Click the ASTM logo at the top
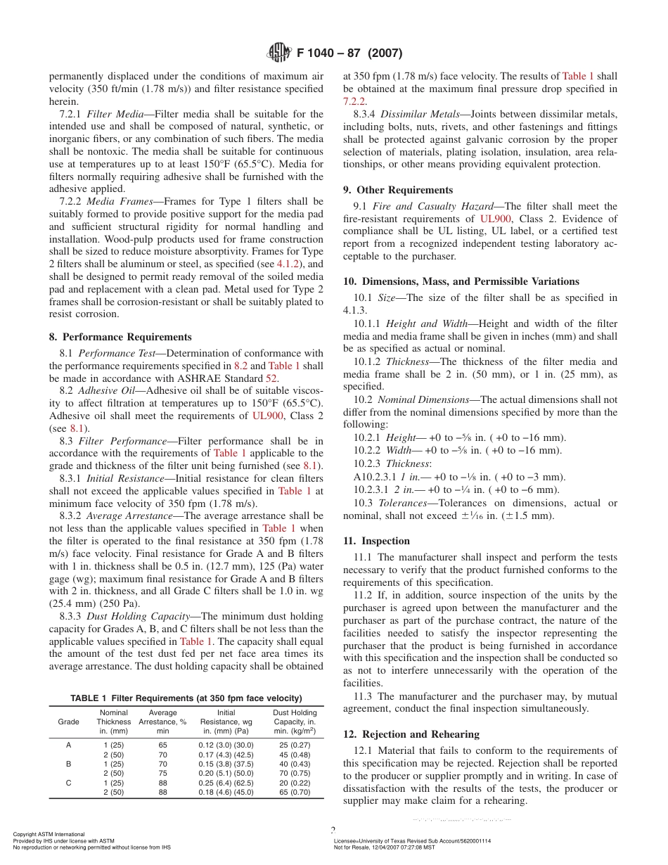point(278,53)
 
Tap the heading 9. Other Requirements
point(398,190)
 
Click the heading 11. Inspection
point(376,541)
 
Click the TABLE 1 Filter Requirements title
point(186,698)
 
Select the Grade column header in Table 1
point(68,722)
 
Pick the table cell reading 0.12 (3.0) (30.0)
point(226,745)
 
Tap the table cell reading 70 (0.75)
point(295,773)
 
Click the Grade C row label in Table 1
point(68,782)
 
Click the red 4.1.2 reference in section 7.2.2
point(288,265)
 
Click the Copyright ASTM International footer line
point(49,834)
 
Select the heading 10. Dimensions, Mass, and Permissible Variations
point(461,281)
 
